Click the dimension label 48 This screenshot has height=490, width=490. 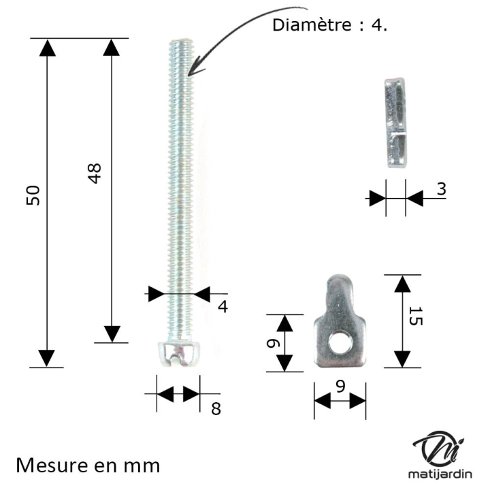(95, 174)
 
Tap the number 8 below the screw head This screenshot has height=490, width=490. (216, 408)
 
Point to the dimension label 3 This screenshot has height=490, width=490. (441, 189)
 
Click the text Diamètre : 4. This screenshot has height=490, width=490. (330, 25)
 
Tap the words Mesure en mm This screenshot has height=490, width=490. (88, 465)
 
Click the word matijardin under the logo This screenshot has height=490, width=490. (439, 475)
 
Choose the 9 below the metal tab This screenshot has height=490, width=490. (340, 385)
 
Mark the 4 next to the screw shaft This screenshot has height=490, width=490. (222, 306)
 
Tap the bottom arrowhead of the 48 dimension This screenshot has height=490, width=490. (112, 333)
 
